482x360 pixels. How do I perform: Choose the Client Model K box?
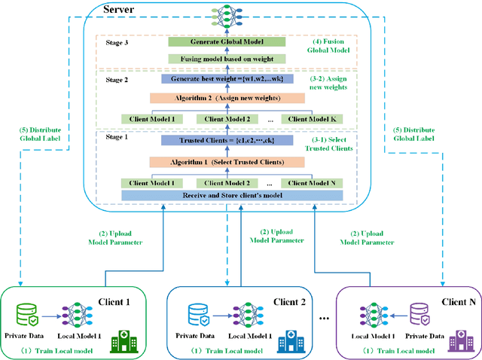pos(310,118)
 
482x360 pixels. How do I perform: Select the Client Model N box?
pos(310,183)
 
